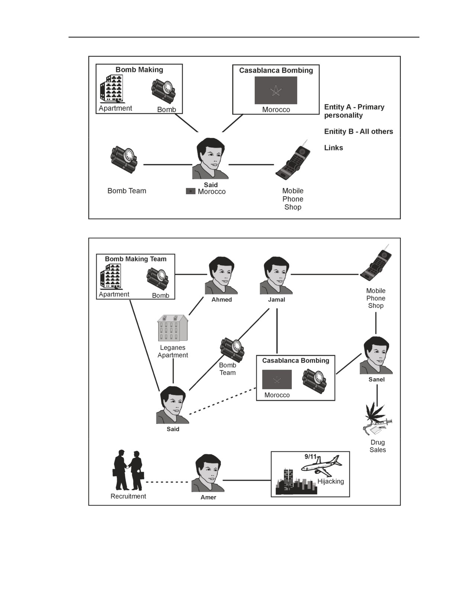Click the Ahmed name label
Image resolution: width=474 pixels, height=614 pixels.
point(222,300)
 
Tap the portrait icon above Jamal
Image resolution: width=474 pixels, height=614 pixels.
point(276,275)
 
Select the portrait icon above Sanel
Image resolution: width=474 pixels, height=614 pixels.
point(376,355)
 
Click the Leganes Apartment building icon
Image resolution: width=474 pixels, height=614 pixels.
point(173,328)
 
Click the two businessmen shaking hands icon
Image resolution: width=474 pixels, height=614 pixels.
point(128,470)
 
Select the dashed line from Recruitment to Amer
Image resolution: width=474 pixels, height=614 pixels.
point(167,482)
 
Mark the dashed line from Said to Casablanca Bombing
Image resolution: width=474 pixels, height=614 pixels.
point(223,401)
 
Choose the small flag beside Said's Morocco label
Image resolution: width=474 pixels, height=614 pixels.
point(191,191)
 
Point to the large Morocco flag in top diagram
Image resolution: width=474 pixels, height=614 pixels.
point(276,90)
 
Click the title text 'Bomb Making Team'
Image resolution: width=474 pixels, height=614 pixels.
point(136,259)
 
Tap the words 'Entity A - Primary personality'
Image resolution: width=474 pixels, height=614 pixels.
point(354,111)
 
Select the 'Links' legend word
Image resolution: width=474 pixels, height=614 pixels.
point(333,148)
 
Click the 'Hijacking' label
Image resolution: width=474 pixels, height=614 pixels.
point(330,482)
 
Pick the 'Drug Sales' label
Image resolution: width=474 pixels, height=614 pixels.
point(377,446)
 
